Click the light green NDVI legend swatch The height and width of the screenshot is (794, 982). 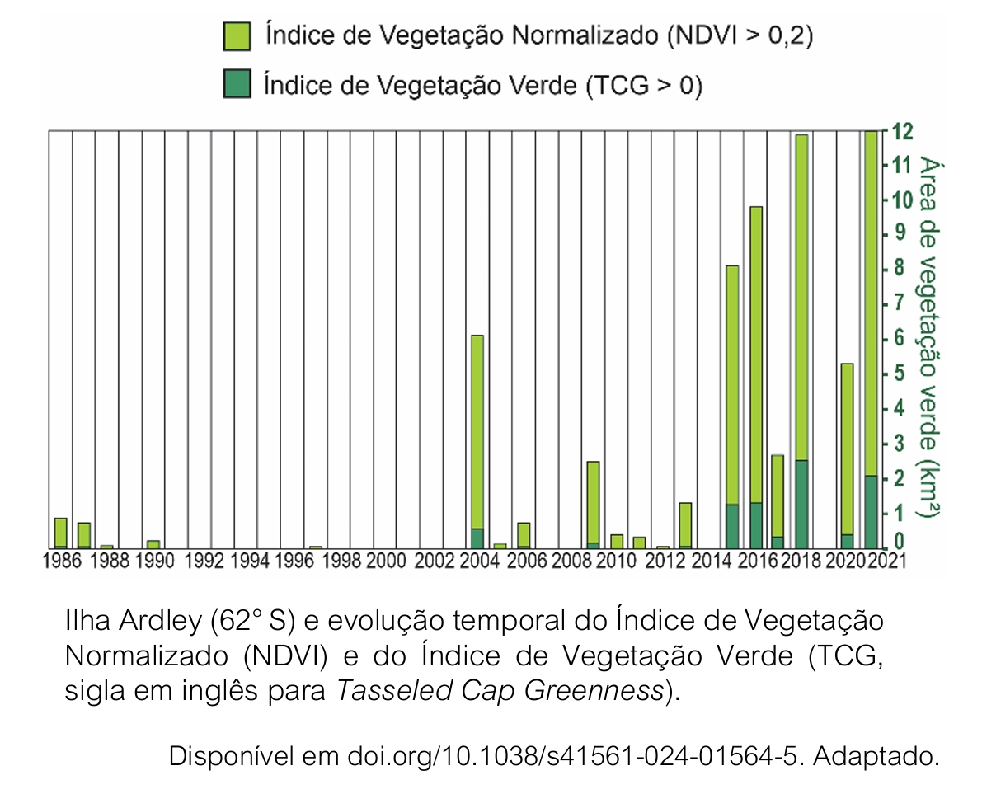237,36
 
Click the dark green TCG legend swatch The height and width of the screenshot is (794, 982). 237,84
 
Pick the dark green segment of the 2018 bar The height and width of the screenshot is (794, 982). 801,504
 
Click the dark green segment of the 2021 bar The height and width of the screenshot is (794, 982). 871,511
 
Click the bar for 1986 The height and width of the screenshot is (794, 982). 60,532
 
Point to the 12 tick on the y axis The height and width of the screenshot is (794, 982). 895,132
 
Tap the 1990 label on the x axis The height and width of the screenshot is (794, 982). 154,561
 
